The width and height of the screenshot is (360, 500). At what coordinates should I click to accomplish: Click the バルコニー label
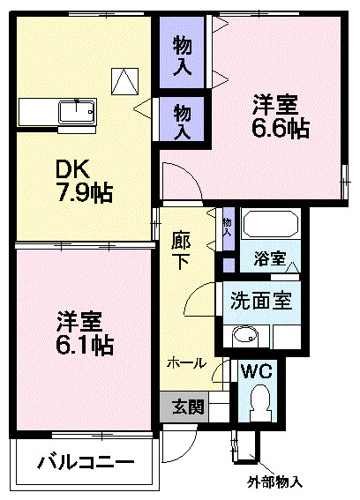click(x=86, y=462)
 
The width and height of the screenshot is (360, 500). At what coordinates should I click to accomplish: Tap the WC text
click(x=257, y=370)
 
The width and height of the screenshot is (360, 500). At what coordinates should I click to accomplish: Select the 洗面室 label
click(x=262, y=301)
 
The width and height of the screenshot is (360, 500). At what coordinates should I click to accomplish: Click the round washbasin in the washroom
click(x=244, y=335)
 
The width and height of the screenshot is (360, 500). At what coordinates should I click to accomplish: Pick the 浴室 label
click(x=269, y=259)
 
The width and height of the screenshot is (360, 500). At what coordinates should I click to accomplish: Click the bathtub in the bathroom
click(x=271, y=225)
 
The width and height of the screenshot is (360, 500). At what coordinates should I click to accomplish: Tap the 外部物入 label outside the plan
click(x=274, y=482)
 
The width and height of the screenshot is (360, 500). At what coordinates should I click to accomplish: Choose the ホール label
click(x=187, y=362)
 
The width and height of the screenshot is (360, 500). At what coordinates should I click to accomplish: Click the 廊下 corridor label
click(x=181, y=250)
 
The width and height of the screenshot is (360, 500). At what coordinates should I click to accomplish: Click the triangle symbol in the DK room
click(x=124, y=81)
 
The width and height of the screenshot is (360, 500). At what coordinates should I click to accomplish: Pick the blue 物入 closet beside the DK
click(x=183, y=121)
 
